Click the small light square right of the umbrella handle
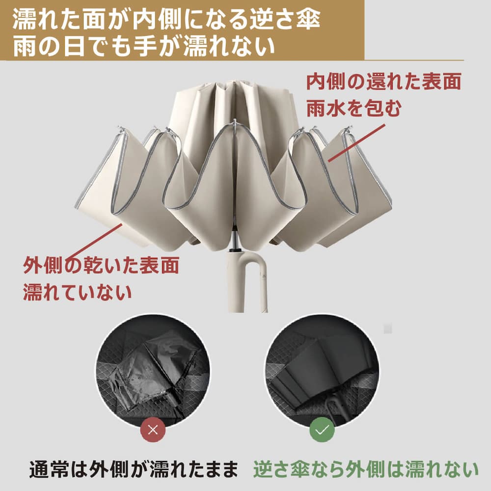pyautogui.click(x=387, y=328)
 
